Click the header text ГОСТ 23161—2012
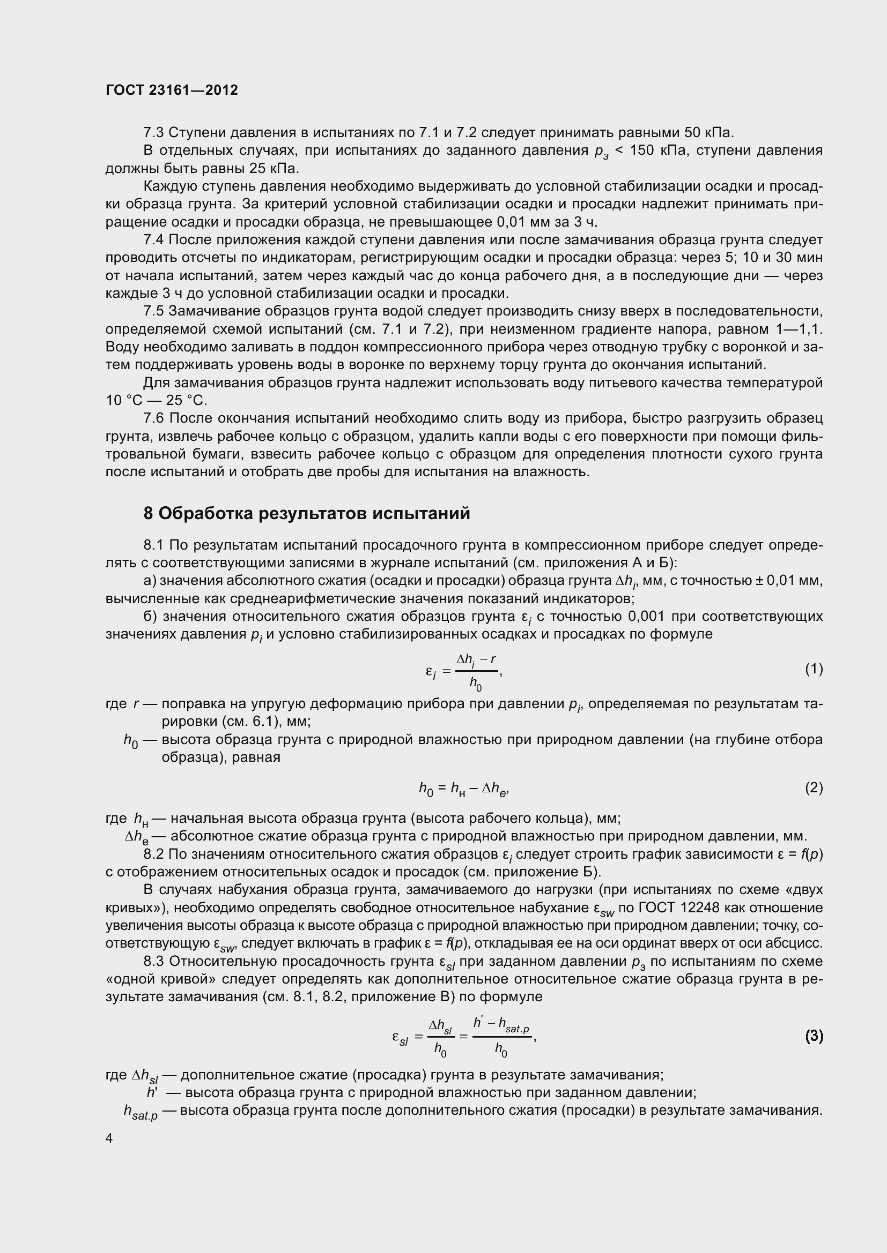pyautogui.click(x=172, y=90)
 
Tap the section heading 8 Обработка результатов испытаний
pyautogui.click(x=306, y=514)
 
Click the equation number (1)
pyautogui.click(x=814, y=669)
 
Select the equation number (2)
pyautogui.click(x=814, y=787)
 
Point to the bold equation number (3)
pyautogui.click(x=814, y=1036)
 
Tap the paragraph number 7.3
pyautogui.click(x=153, y=133)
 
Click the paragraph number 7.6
pyautogui.click(x=153, y=418)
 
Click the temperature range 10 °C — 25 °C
pyautogui.click(x=156, y=401)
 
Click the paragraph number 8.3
pyautogui.click(x=153, y=961)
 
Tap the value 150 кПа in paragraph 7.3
pyautogui.click(x=657, y=151)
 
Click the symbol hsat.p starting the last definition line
pyautogui.click(x=141, y=1112)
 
